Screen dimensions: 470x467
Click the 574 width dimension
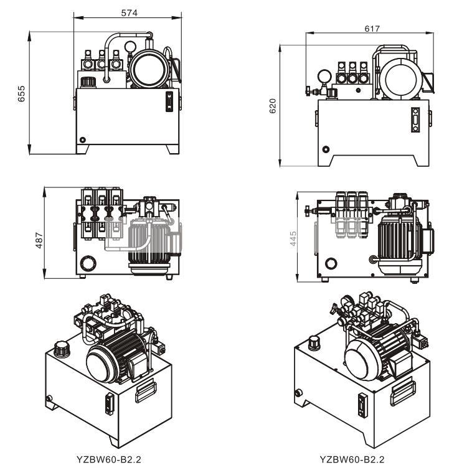(x=128, y=12)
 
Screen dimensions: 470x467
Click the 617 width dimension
(x=372, y=29)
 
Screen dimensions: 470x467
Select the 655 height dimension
(x=21, y=93)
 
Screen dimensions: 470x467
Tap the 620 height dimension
(x=272, y=106)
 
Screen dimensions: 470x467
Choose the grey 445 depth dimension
(x=293, y=238)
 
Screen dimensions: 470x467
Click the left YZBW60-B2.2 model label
(x=109, y=459)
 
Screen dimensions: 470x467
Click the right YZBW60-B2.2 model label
(x=352, y=459)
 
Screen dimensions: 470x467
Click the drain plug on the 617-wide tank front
(x=324, y=149)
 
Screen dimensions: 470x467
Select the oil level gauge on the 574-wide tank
(x=167, y=101)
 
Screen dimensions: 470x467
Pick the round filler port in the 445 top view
(x=329, y=264)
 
